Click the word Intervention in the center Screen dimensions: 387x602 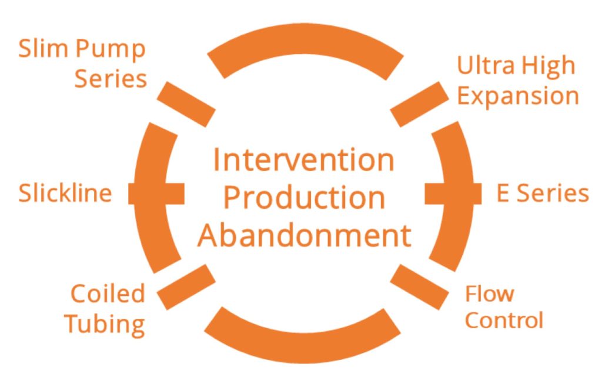coord(303,160)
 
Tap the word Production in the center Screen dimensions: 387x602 coord(304,198)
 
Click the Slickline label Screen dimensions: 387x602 coord(65,193)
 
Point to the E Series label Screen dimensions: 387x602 coord(542,193)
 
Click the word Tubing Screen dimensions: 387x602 coord(105,324)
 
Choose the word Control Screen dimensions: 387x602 coord(504,321)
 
